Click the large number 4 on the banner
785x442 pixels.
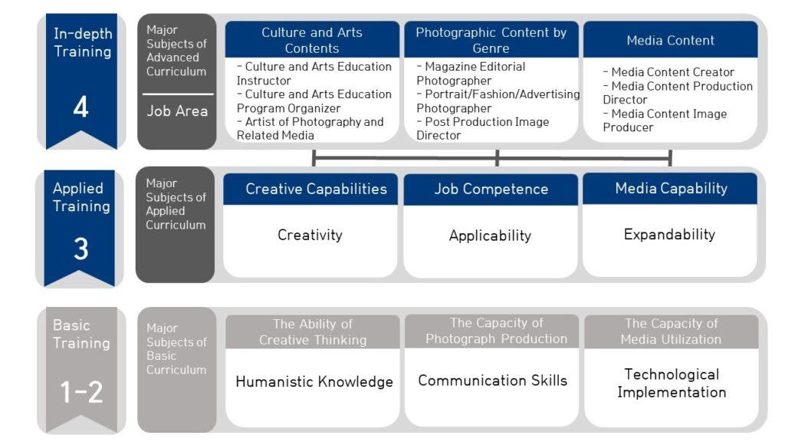tap(81, 107)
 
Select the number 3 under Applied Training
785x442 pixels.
tap(80, 249)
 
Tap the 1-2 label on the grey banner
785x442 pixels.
tap(81, 392)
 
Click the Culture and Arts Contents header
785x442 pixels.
tap(312, 40)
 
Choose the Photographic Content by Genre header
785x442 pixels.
tap(491, 40)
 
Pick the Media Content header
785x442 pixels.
tap(670, 40)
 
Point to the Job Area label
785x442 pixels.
tap(177, 110)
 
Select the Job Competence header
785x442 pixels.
tap(491, 189)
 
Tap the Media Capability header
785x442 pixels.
tap(671, 188)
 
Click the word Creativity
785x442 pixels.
tap(310, 235)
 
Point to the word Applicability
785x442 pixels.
tap(490, 236)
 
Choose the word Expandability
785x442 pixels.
tap(669, 234)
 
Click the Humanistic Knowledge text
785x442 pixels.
tap(314, 381)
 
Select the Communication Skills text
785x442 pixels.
tap(493, 381)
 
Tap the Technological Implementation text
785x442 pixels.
tap(672, 383)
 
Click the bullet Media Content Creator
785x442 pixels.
tap(668, 72)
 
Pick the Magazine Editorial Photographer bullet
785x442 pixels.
tap(471, 74)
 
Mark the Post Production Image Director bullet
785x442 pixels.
tap(482, 128)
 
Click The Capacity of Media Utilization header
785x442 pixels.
tap(671, 331)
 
